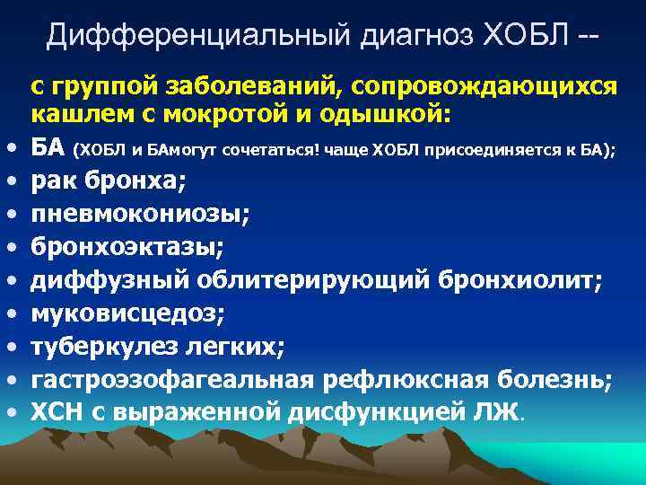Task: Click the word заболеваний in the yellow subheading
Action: (x=258, y=86)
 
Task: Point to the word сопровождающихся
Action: (x=484, y=86)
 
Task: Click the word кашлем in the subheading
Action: (x=74, y=115)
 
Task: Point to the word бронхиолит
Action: (x=519, y=280)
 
